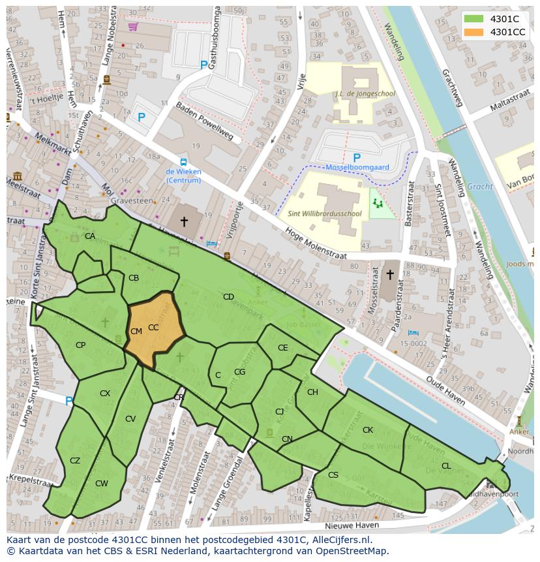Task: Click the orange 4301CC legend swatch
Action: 474,32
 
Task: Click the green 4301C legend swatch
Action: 474,19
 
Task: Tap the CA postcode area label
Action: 90,236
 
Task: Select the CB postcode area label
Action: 134,278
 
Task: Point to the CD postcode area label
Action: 228,297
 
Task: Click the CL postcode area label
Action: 446,466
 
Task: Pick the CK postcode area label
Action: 368,430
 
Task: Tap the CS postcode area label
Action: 333,475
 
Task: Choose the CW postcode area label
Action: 102,484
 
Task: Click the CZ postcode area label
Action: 75,461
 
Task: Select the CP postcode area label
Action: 80,345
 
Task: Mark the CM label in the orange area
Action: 136,332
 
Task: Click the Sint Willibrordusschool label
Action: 325,213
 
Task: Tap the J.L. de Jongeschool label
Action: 366,93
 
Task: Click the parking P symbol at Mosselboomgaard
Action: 356,158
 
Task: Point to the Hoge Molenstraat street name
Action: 316,245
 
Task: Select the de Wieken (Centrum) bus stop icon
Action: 183,163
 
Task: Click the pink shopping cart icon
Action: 133,27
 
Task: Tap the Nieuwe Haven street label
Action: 352,525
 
